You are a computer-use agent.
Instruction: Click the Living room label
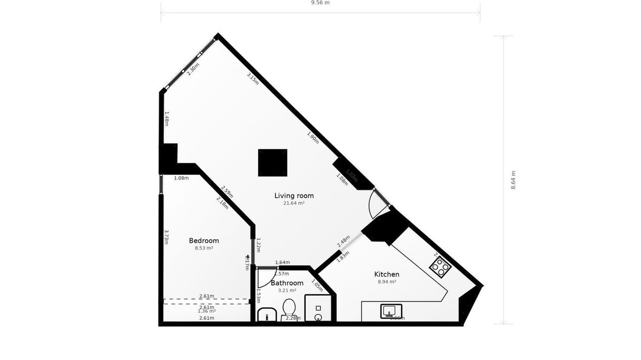(x=294, y=195)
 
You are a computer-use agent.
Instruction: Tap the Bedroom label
(x=204, y=240)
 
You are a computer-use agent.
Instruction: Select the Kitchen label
(x=387, y=274)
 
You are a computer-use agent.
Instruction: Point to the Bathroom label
(x=287, y=283)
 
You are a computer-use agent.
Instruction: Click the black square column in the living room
(x=272, y=162)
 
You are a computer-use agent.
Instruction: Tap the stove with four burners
(x=441, y=266)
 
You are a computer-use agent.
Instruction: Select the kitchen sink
(x=391, y=311)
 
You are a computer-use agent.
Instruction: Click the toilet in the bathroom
(x=289, y=309)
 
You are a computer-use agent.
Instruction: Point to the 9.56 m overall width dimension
(x=320, y=3)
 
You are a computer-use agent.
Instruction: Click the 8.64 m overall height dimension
(x=513, y=180)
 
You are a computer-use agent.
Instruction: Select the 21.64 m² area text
(x=294, y=204)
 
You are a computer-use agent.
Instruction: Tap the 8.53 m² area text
(x=204, y=248)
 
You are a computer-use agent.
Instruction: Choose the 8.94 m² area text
(x=387, y=281)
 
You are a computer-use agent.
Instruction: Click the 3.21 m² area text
(x=287, y=291)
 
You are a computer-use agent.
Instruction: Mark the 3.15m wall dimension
(x=253, y=79)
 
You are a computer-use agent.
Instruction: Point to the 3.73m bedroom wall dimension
(x=166, y=237)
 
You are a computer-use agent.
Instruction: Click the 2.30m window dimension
(x=193, y=69)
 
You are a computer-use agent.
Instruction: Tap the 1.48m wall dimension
(x=166, y=118)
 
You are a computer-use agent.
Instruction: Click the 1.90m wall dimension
(x=313, y=138)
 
